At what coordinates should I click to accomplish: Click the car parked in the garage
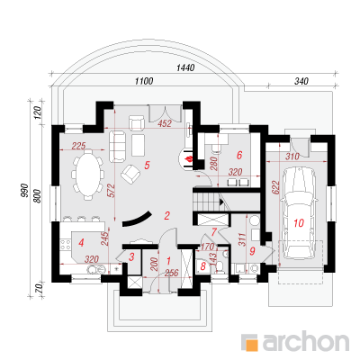pyautogui.click(x=299, y=212)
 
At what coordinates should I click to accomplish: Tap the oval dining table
pyautogui.click(x=87, y=174)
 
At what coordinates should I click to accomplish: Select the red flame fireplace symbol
pyautogui.click(x=188, y=159)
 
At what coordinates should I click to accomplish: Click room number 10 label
pyautogui.click(x=299, y=223)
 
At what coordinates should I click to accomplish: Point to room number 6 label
pyautogui.click(x=239, y=155)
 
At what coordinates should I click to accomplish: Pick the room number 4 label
pyautogui.click(x=81, y=242)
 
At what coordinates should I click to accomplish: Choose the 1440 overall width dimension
pyautogui.click(x=185, y=68)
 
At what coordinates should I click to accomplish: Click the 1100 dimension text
pyautogui.click(x=144, y=81)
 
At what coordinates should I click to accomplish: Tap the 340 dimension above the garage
pyautogui.click(x=301, y=81)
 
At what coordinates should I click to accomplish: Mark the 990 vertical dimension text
pyautogui.click(x=24, y=191)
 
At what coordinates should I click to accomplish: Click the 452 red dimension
pyautogui.click(x=165, y=123)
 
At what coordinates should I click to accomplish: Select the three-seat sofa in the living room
pyautogui.click(x=117, y=146)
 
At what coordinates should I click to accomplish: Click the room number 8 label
pyautogui.click(x=203, y=265)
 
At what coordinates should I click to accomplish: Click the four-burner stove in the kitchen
pyautogui.click(x=65, y=245)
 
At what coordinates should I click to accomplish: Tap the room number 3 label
pyautogui.click(x=131, y=256)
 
